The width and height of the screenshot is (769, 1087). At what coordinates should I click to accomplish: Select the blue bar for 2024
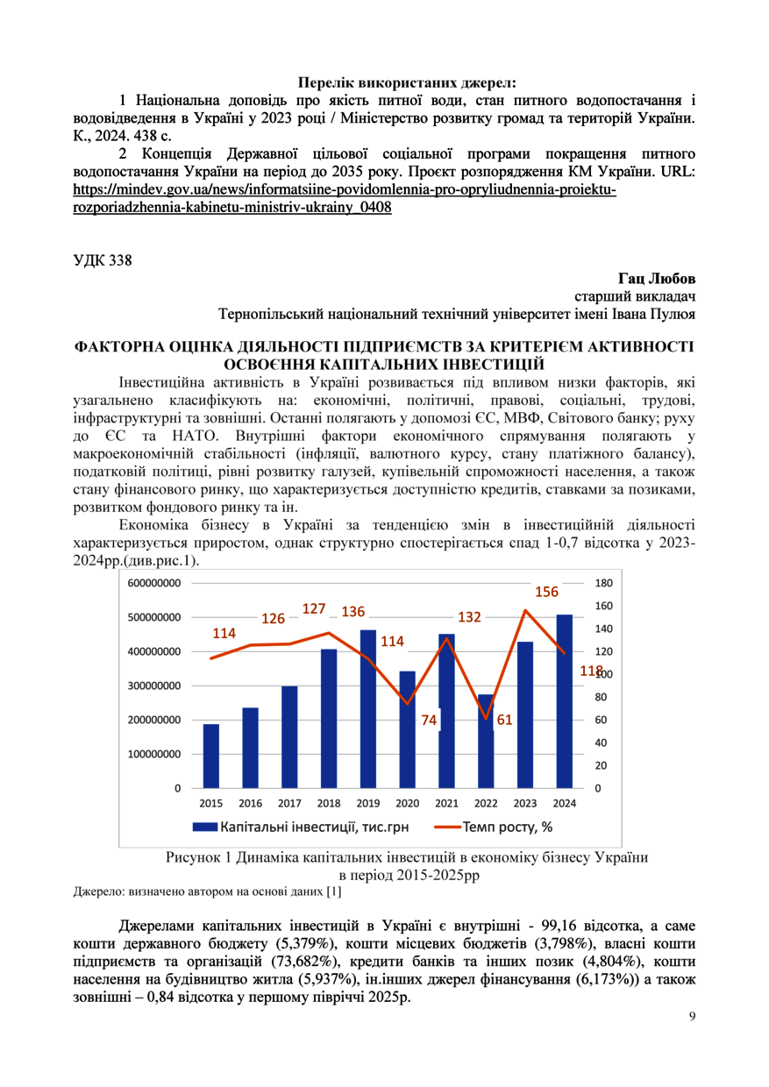coord(565,701)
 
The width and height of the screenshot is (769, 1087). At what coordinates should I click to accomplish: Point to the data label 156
coord(546,592)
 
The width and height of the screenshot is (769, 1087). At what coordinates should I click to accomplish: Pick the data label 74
coord(429,721)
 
